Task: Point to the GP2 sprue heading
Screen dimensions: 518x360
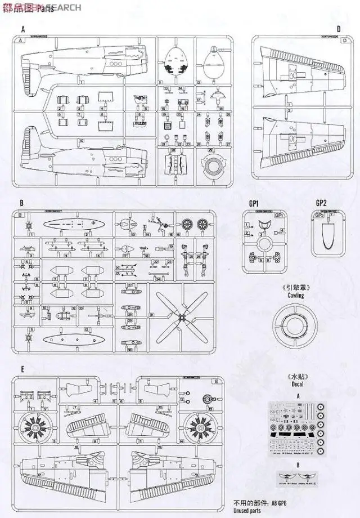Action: pyautogui.click(x=321, y=203)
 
